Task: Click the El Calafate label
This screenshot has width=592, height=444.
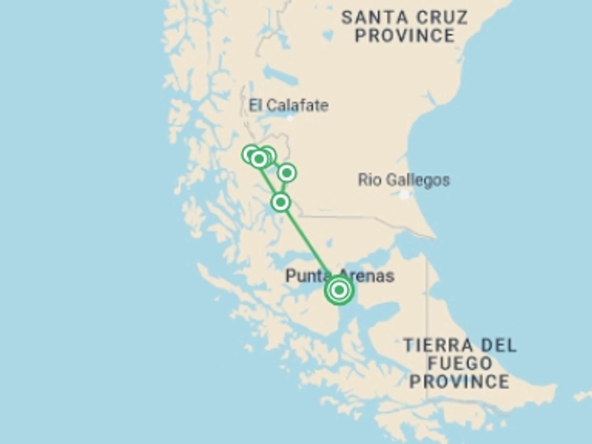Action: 289,106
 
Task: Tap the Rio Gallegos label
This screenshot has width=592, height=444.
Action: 404,180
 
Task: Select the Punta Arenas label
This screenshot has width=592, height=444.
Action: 340,275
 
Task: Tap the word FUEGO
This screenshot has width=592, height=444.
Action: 460,363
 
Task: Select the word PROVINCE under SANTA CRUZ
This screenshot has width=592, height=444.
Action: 405,35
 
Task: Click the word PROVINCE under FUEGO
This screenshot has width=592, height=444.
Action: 460,381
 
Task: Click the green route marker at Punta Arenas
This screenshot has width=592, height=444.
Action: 339,290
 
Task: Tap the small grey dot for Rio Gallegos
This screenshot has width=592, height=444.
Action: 405,195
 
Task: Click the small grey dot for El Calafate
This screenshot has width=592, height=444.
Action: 290,118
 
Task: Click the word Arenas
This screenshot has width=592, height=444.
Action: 367,275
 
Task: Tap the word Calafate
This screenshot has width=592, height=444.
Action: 298,106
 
